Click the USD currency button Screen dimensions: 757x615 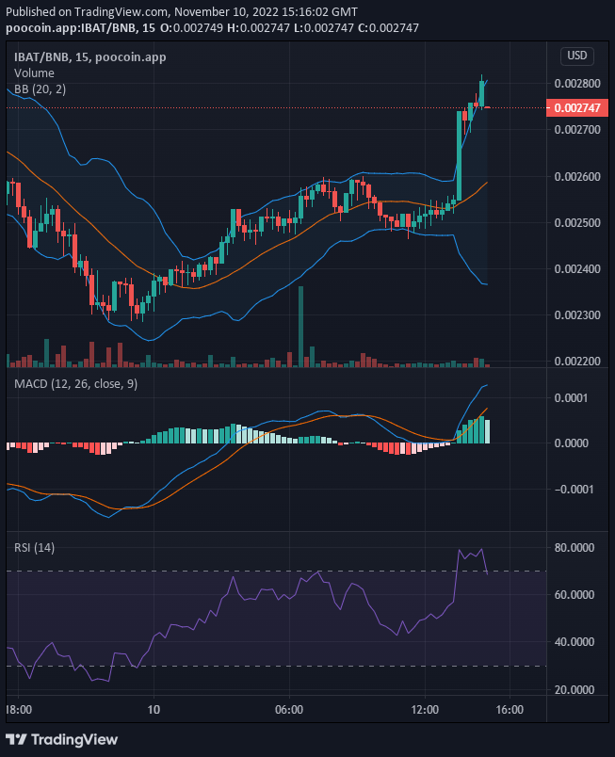(x=576, y=56)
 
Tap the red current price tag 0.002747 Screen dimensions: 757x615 (x=575, y=108)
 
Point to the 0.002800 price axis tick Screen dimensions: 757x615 (x=575, y=83)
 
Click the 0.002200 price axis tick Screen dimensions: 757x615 (x=575, y=361)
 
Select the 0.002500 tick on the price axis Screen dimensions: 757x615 (x=575, y=222)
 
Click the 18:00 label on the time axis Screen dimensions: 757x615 (x=18, y=709)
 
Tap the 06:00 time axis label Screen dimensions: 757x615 (x=289, y=709)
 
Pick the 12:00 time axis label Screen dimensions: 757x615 (x=426, y=709)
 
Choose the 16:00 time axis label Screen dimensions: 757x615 (x=509, y=709)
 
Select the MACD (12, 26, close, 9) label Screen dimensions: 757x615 (x=74, y=384)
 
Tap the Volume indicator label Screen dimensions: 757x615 (x=34, y=72)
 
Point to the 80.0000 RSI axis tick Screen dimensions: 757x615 (x=574, y=547)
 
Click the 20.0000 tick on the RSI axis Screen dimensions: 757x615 (x=574, y=690)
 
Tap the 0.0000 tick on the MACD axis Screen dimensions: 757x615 (x=574, y=443)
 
